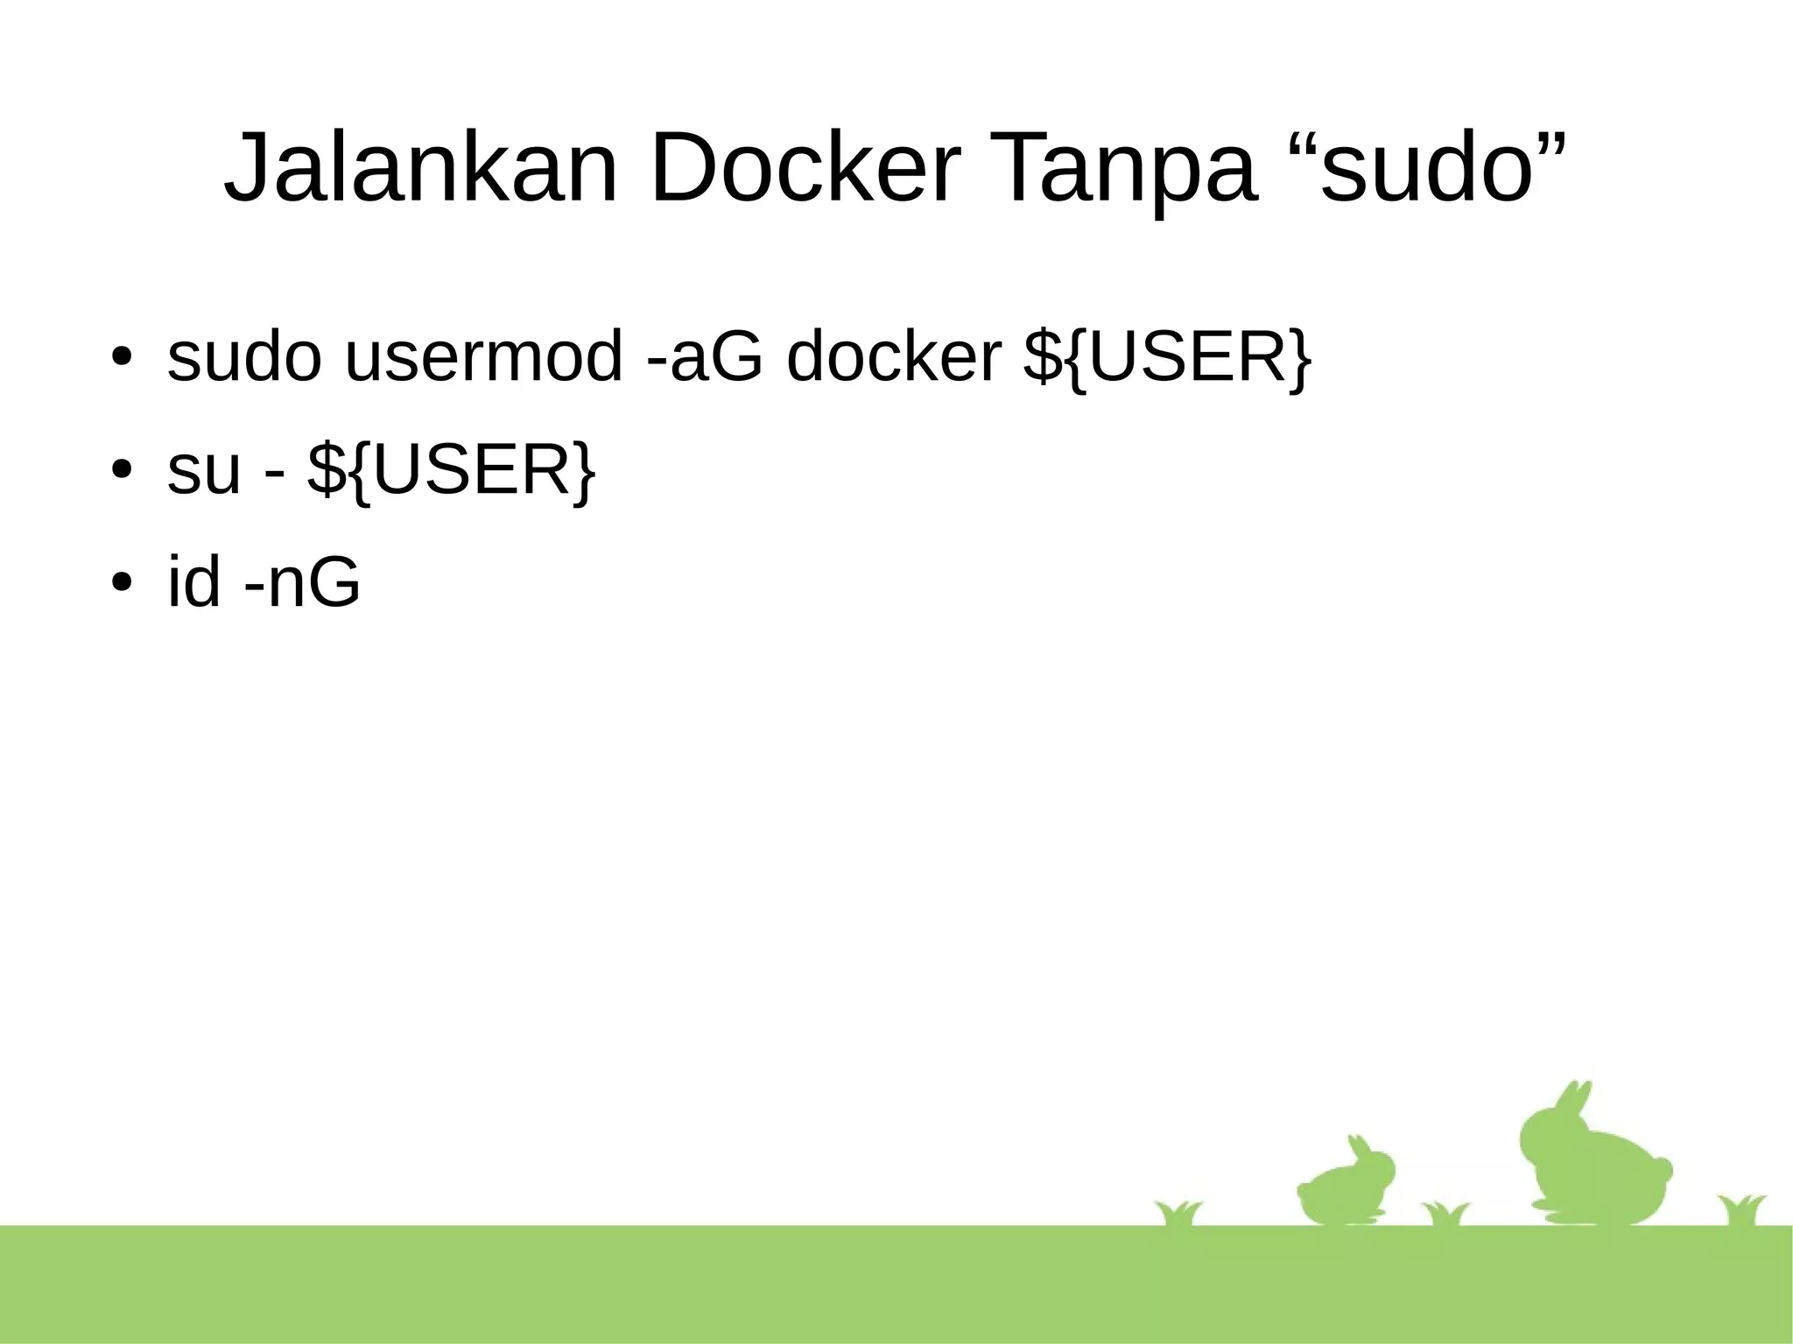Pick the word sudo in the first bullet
click(244, 356)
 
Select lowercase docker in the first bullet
click(894, 356)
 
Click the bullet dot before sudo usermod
click(121, 358)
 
